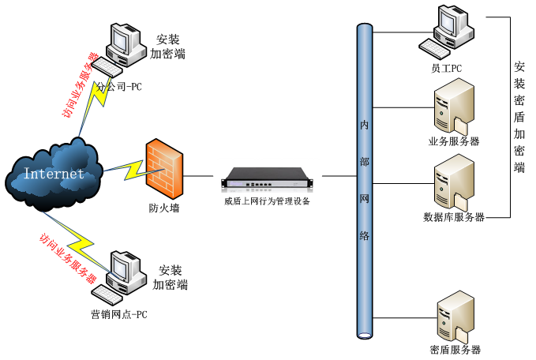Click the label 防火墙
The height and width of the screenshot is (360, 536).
coord(164,209)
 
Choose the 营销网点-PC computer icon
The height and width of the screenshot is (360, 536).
coord(118,276)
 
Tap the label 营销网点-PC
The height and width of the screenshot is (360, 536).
coord(118,315)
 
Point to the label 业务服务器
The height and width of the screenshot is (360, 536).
coord(454,142)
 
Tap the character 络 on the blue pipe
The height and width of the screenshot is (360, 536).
coord(365,236)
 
